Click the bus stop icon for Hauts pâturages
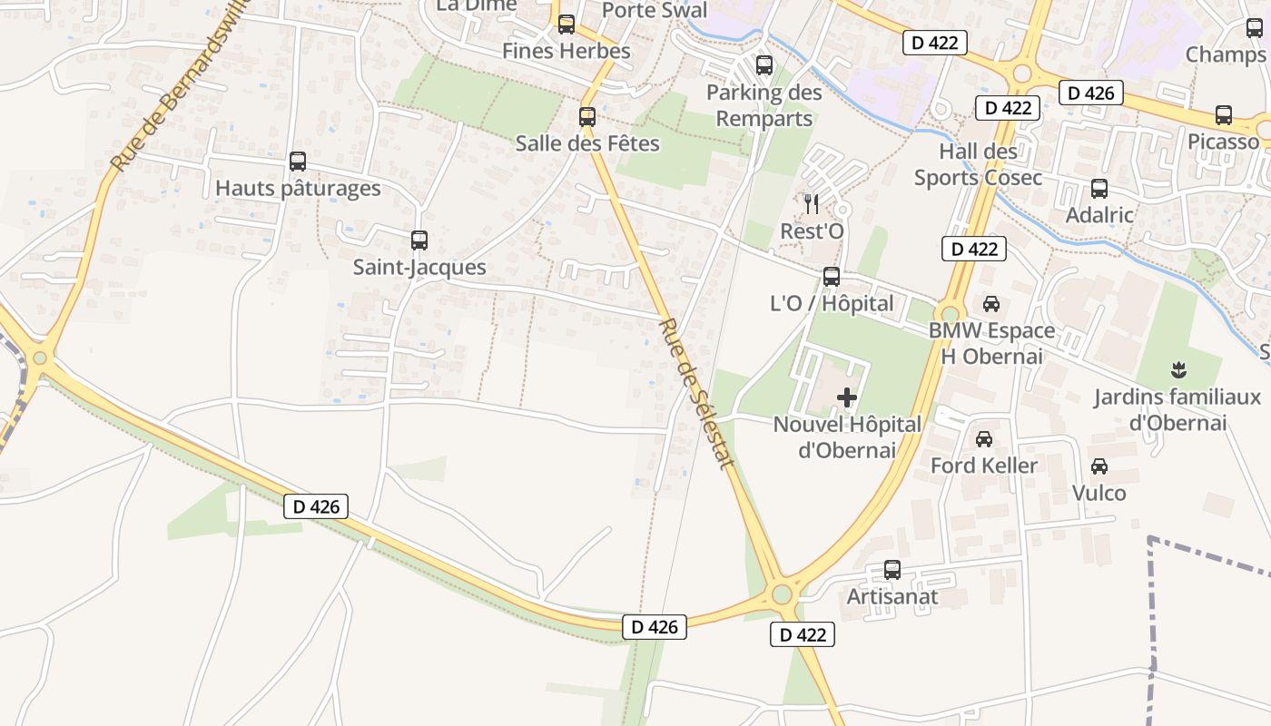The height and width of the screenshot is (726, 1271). tap(298, 162)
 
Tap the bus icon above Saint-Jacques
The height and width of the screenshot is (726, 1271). tap(419, 240)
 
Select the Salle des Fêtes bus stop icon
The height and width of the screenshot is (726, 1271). tap(587, 117)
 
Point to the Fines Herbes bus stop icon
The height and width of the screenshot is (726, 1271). tap(567, 25)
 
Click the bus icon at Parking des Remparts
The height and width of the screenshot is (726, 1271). tap(764, 65)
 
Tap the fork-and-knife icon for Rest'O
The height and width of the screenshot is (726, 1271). tap(812, 204)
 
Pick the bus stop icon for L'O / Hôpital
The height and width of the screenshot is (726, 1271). tap(832, 277)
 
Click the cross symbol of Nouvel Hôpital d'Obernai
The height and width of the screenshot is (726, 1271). tap(847, 397)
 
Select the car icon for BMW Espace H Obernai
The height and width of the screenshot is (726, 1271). tap(991, 304)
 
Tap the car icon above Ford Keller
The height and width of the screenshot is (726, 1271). tap(983, 439)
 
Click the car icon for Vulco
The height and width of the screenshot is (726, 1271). tap(1099, 466)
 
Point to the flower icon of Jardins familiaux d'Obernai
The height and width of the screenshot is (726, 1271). tap(1178, 369)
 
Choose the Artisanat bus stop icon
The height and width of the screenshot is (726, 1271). tap(892, 570)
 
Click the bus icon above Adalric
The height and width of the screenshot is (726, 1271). tap(1099, 189)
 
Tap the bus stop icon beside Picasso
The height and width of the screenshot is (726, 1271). tap(1224, 115)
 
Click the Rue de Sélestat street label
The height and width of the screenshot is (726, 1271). tap(696, 393)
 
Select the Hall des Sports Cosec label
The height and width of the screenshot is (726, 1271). tap(978, 164)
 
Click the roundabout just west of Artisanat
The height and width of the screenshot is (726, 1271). tap(781, 595)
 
